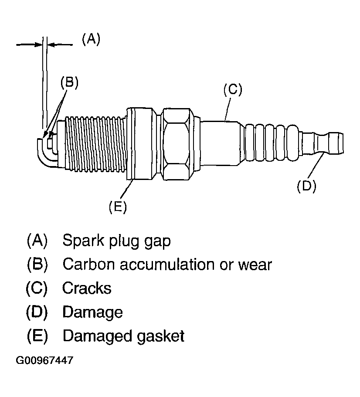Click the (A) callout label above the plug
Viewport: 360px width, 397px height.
[x=91, y=39]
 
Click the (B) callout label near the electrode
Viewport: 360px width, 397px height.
[x=69, y=83]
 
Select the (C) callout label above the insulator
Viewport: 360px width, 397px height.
[x=232, y=89]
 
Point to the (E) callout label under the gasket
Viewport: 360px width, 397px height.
[x=118, y=206]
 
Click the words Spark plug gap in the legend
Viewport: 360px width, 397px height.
[x=116, y=241]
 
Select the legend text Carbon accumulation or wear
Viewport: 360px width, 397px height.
[x=167, y=264]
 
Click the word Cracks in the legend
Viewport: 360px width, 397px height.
[x=87, y=288]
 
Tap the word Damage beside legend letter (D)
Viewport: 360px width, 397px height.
[x=92, y=312]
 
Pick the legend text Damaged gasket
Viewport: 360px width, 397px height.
[x=123, y=336]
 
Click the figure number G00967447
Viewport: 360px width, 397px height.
[x=44, y=361]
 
